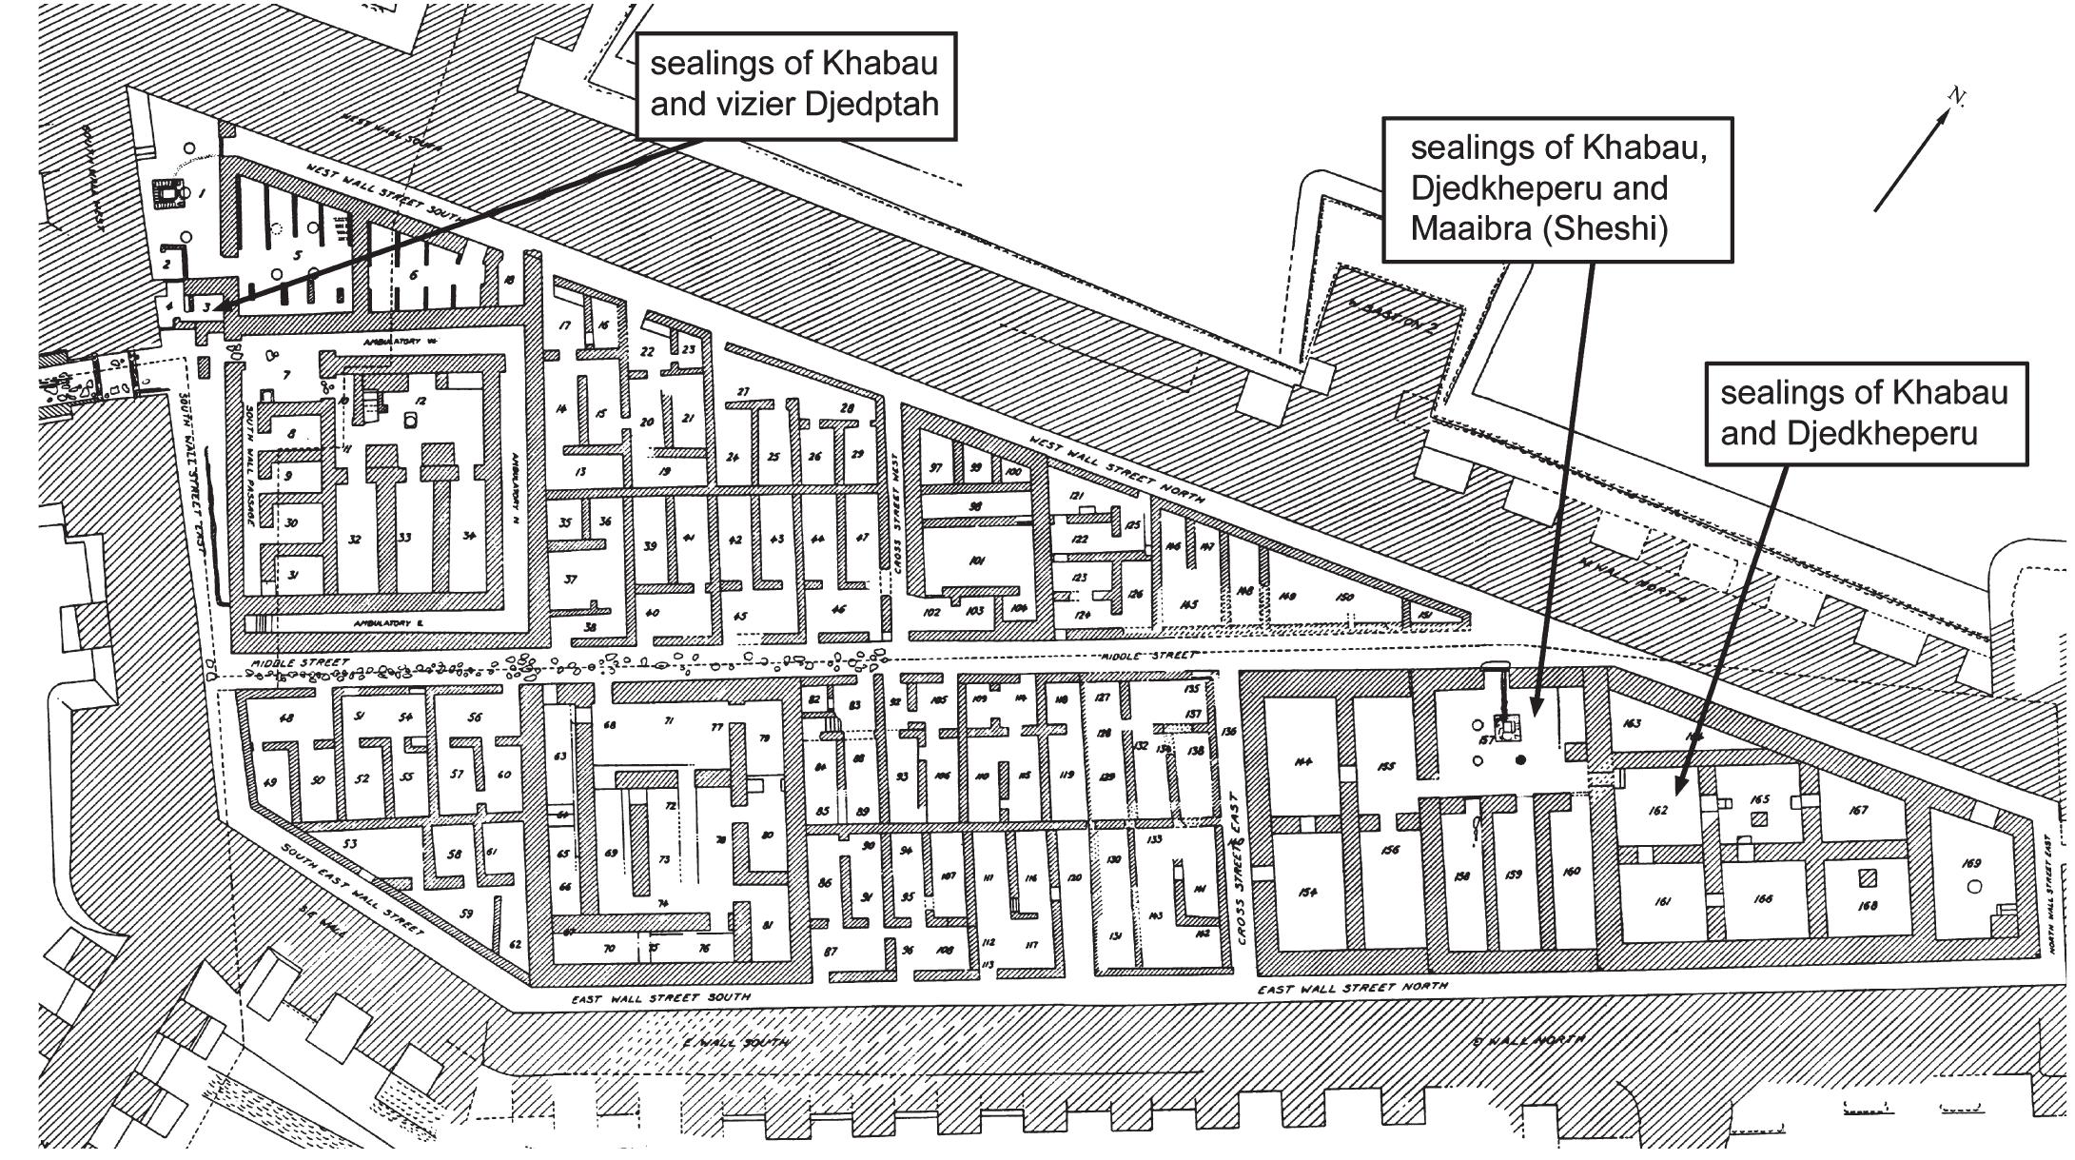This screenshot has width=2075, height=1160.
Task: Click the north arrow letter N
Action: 1956,96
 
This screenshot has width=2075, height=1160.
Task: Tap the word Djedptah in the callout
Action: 871,104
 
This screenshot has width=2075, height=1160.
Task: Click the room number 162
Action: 1658,812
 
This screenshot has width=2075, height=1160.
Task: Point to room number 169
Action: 1970,864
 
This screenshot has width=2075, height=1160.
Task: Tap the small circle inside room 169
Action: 1974,887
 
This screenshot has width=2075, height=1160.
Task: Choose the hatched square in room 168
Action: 1869,877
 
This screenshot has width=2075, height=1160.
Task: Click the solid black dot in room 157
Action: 1520,759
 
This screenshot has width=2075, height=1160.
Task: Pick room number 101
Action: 976,560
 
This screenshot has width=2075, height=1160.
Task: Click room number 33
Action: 405,538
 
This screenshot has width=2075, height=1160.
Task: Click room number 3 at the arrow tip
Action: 206,306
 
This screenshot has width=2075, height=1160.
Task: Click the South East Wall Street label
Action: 353,891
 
